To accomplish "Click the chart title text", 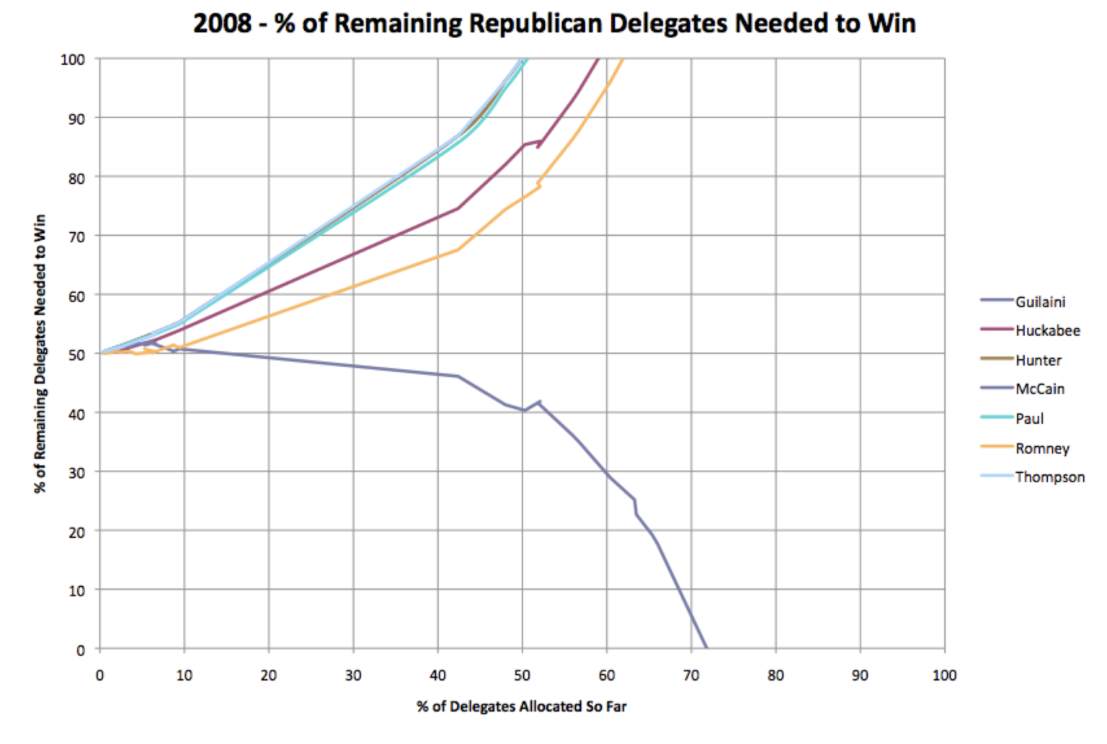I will pos(553,23).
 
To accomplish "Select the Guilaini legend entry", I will pos(1039,302).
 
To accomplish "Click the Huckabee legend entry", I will pos(1047,331).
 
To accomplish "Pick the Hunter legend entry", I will pos(1038,360).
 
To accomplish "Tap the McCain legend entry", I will pos(1039,389).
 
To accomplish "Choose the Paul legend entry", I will pos(1029,419).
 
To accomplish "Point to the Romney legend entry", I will pos(1042,448).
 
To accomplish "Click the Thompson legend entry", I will pos(1049,477).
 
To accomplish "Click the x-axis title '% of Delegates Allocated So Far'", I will pos(521,707).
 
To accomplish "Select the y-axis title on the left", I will pos(40,353).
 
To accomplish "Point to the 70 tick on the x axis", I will pos(690,676).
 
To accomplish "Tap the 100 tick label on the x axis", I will pos(943,676).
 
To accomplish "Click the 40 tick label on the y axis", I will pos(76,414).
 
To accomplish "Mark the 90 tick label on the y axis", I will pos(76,119).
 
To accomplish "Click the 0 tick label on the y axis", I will pos(80,650).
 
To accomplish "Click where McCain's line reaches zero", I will pos(706,648).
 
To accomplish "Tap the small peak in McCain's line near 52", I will pos(539,402).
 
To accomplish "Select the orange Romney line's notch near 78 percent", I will pos(539,186).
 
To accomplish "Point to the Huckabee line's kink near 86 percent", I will pos(540,141).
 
